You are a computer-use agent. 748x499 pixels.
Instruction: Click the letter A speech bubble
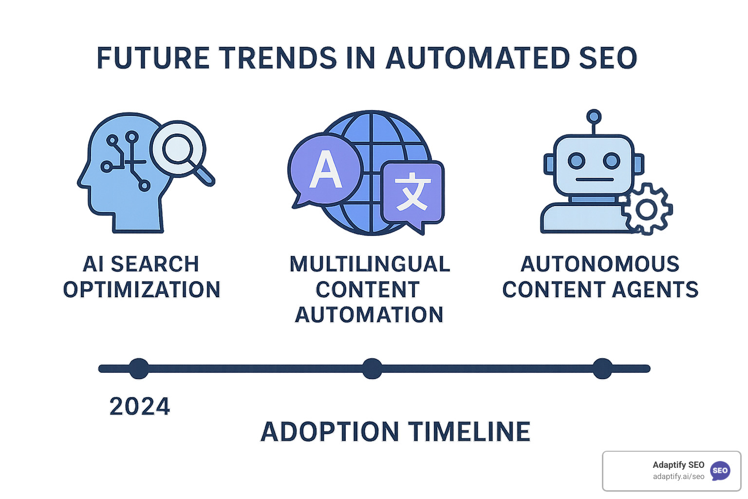tap(325, 169)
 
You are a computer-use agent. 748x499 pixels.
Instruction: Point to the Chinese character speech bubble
tap(413, 193)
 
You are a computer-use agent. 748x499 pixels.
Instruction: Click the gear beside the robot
tap(647, 210)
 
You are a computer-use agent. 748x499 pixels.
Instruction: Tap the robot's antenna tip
tap(594, 116)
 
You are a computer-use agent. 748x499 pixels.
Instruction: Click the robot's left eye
tap(577, 160)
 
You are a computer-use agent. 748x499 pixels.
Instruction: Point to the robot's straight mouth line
tap(594, 179)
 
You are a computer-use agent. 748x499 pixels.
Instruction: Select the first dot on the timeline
tap(139, 368)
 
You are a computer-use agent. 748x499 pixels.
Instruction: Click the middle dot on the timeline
tap(372, 368)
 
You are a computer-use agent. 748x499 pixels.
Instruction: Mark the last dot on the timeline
tap(602, 368)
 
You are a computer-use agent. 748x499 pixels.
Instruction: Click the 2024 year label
tap(140, 406)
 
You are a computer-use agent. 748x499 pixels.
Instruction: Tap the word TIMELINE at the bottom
tap(469, 432)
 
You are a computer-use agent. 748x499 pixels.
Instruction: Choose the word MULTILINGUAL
tap(370, 264)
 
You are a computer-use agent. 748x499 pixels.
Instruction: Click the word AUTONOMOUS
tap(600, 264)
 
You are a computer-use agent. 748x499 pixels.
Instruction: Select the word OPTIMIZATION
tap(142, 289)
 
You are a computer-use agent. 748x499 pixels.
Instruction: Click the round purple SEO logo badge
tap(720, 471)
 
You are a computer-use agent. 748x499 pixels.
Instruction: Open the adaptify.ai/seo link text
tap(678, 477)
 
